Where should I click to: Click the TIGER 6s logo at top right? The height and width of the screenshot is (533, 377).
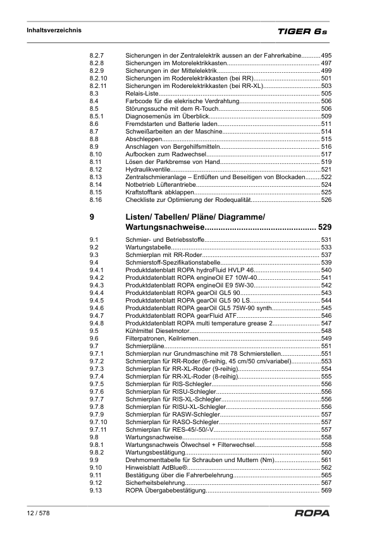pyautogui.click(x=302, y=30)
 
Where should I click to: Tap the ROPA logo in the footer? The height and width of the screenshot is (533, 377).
pyautogui.click(x=312, y=513)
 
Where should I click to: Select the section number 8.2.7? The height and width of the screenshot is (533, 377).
pyautogui.click(x=98, y=56)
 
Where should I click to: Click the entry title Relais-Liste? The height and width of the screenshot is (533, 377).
pyautogui.click(x=143, y=93)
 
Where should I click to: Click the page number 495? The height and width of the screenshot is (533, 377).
pyautogui.click(x=326, y=56)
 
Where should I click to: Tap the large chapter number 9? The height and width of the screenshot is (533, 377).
pyautogui.click(x=92, y=217)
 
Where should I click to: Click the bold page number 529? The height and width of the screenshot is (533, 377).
pyautogui.click(x=324, y=227)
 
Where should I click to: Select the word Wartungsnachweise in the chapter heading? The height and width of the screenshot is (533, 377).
pyautogui.click(x=164, y=227)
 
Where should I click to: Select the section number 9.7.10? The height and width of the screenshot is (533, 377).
pyautogui.click(x=99, y=422)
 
